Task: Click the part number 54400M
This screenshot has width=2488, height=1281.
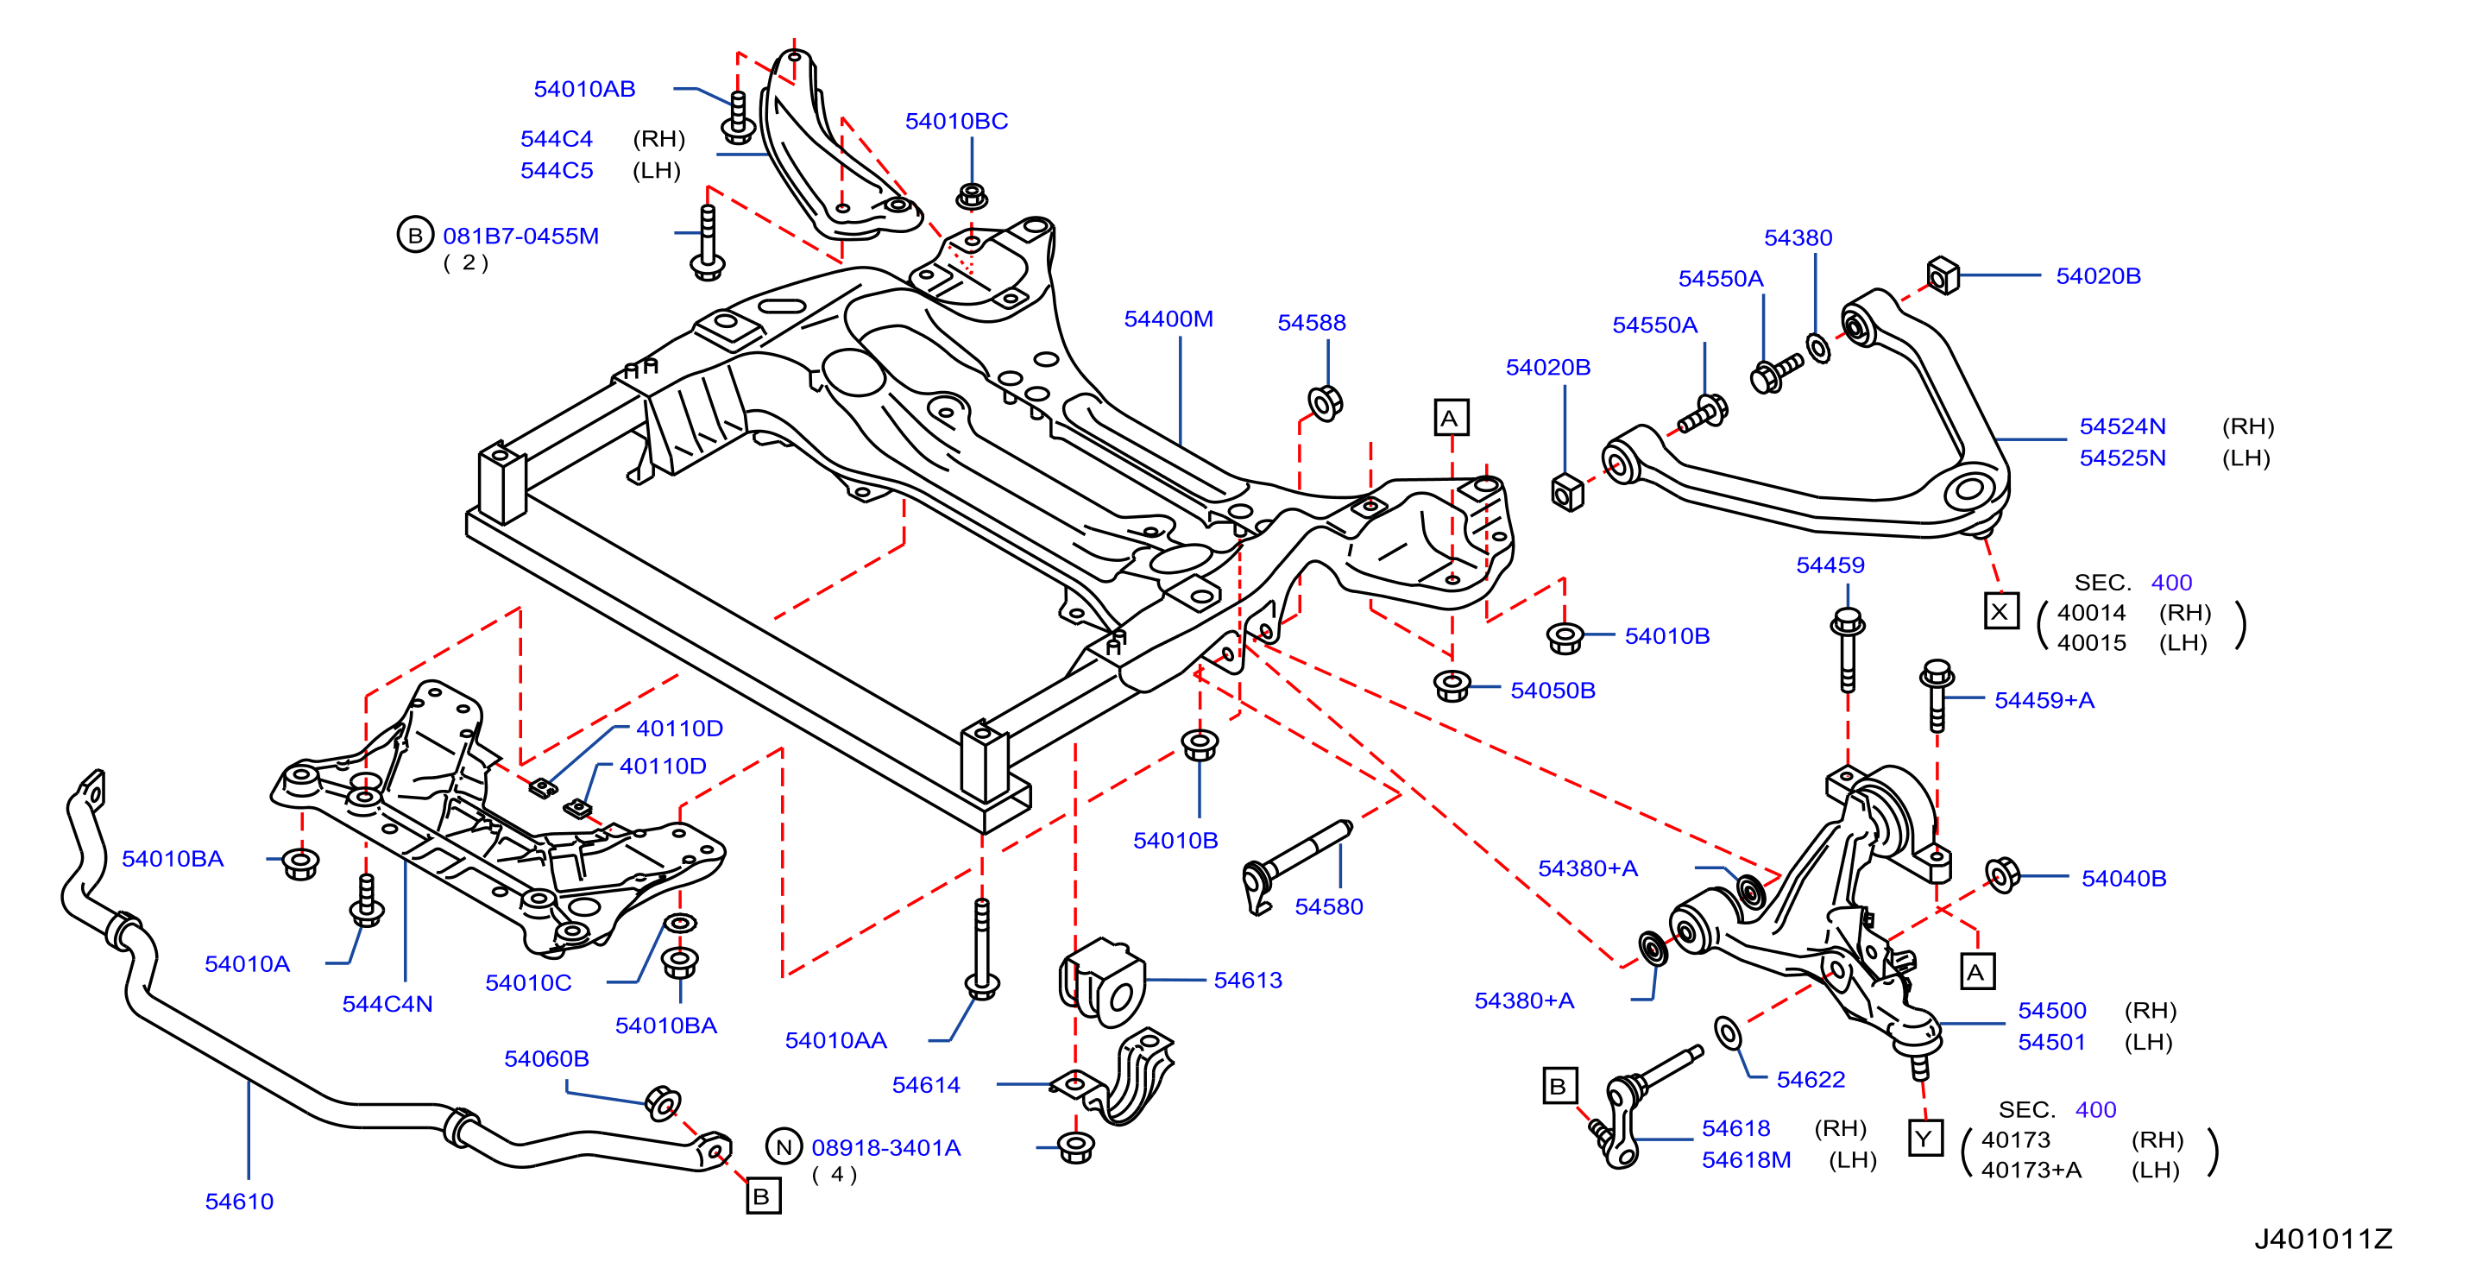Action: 1168,319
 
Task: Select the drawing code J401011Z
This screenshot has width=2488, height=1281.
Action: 2323,1239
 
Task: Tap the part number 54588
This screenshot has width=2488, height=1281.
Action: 1311,323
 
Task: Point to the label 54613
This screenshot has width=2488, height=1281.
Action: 1248,980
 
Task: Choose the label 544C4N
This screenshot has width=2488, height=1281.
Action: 387,1004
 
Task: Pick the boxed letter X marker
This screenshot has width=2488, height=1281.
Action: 2000,610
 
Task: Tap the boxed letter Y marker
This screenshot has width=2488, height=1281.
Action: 1925,1138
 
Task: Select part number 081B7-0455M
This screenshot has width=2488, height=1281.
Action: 520,236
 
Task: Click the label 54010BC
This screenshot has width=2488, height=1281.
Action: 956,121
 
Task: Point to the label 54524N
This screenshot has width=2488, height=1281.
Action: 2122,426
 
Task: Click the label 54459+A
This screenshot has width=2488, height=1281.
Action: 2044,699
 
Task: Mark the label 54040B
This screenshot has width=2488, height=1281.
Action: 2123,878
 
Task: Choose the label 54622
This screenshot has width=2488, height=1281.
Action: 1810,1079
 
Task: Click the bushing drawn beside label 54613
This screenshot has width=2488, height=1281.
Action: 1103,978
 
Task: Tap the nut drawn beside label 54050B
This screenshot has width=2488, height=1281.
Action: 1452,686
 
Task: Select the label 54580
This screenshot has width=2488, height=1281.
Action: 1328,906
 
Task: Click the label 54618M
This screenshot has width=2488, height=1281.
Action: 1745,1159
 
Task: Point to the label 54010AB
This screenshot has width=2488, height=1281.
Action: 584,89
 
